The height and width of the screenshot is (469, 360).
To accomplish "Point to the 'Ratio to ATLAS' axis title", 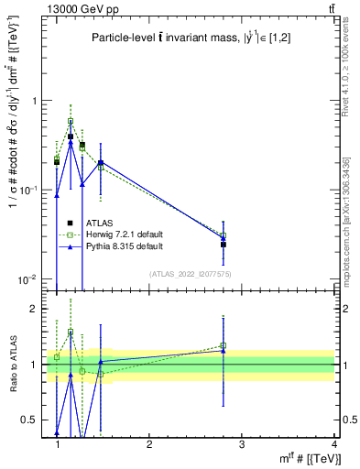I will click(x=13, y=365).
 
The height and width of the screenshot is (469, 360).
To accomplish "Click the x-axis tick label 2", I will click(x=149, y=444).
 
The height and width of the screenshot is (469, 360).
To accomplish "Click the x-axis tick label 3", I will click(x=242, y=444).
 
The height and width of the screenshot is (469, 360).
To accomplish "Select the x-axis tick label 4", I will click(x=333, y=444).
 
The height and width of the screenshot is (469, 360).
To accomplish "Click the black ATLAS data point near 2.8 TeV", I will click(x=224, y=245).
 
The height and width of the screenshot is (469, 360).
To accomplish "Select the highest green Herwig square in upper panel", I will click(x=71, y=121).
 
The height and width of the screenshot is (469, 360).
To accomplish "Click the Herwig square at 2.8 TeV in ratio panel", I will click(x=224, y=345).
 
